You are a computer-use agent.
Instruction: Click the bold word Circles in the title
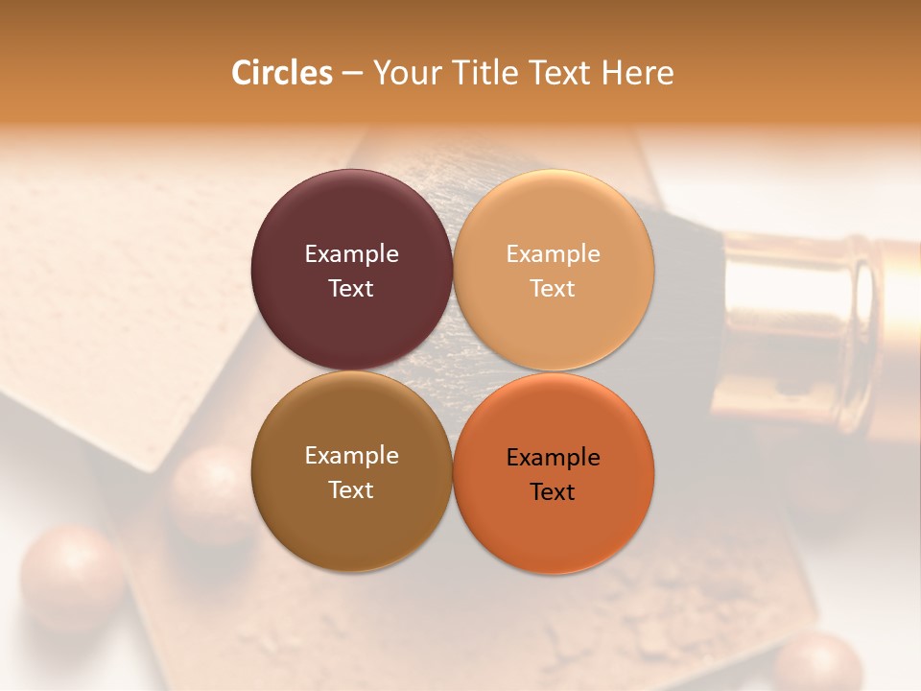[281, 73]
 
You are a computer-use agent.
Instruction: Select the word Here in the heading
[638, 73]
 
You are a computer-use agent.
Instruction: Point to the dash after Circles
[352, 74]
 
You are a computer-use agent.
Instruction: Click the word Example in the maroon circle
[351, 254]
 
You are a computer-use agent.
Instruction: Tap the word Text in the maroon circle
[351, 288]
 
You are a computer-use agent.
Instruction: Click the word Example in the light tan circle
[553, 254]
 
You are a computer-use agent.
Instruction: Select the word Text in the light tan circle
[553, 288]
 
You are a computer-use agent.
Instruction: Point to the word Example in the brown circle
[351, 456]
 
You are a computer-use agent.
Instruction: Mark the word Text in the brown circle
[351, 489]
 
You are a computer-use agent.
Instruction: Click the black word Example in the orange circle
[553, 458]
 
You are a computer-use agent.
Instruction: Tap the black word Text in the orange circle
[553, 491]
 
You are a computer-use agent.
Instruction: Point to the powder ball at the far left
[72, 576]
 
